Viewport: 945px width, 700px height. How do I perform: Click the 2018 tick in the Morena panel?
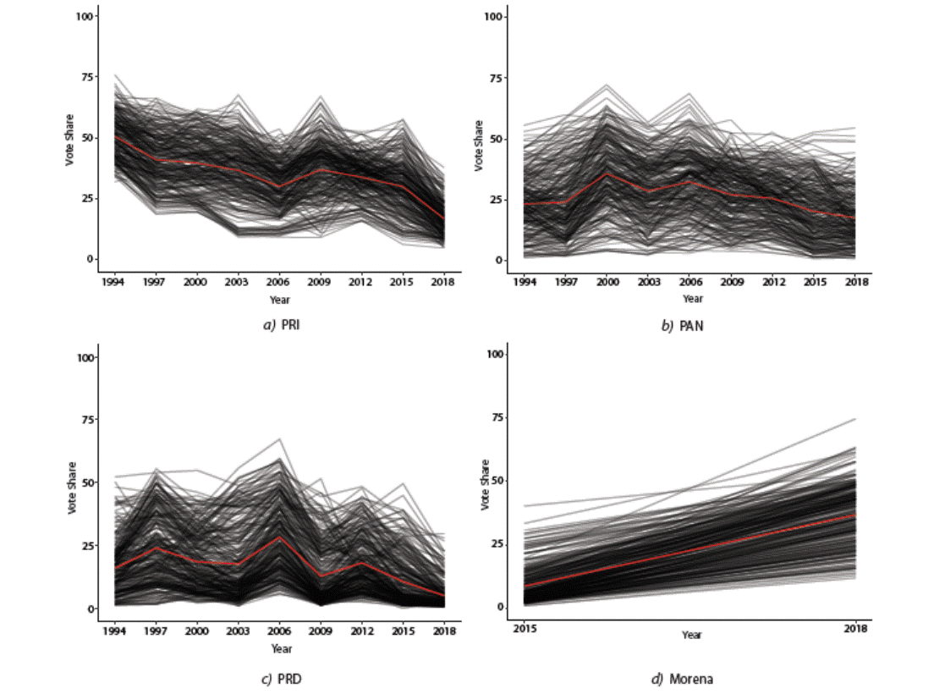856,629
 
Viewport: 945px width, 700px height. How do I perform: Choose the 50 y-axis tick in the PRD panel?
86,482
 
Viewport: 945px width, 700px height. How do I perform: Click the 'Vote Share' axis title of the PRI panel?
71,139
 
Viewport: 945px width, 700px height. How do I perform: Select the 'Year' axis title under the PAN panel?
692,299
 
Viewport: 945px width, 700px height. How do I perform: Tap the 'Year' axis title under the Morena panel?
692,635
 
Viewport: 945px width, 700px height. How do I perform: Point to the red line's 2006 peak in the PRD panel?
279,537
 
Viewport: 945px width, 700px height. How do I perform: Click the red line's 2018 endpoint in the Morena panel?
856,515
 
